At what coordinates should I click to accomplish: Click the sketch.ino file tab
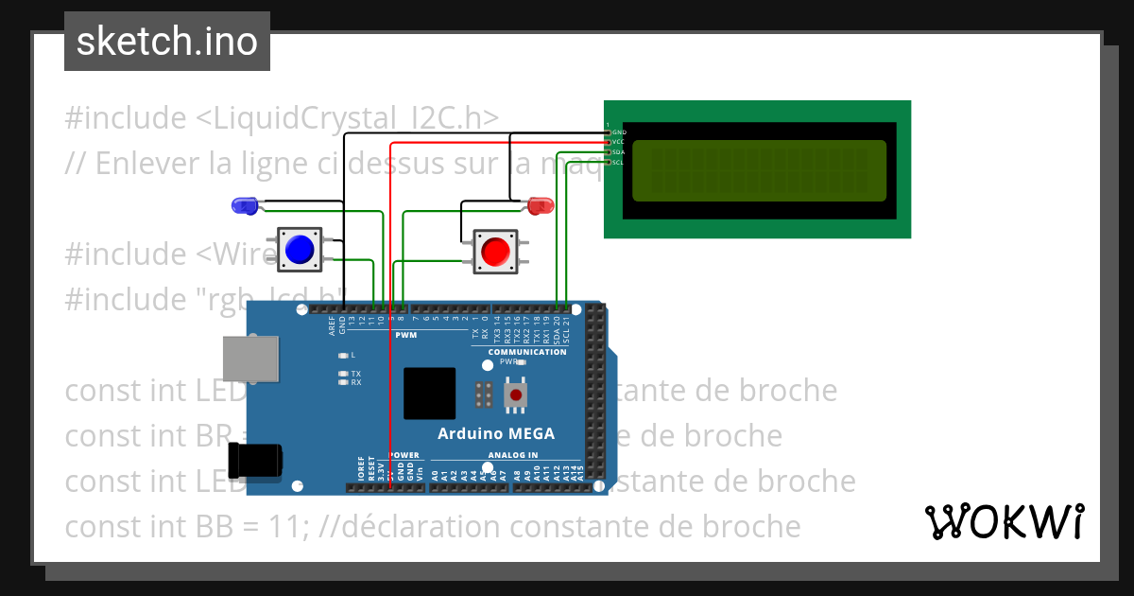coord(167,42)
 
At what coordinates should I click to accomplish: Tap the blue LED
coord(244,204)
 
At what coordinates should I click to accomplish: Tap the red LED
coord(541,204)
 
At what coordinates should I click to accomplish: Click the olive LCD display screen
coord(759,171)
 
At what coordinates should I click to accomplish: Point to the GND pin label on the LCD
coord(619,132)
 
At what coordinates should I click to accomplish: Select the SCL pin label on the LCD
coord(618,163)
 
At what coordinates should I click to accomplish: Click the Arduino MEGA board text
coord(496,434)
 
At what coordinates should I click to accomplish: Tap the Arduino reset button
coord(516,394)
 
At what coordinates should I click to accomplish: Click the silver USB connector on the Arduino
coord(250,360)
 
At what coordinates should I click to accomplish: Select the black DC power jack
coord(256,461)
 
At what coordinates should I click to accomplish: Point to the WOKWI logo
coord(1004,521)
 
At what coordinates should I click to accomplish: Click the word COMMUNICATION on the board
coord(527,352)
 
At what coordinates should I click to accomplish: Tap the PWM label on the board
coord(404,336)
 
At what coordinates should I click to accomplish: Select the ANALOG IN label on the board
coord(513,455)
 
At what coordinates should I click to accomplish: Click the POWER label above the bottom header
coord(404,455)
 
